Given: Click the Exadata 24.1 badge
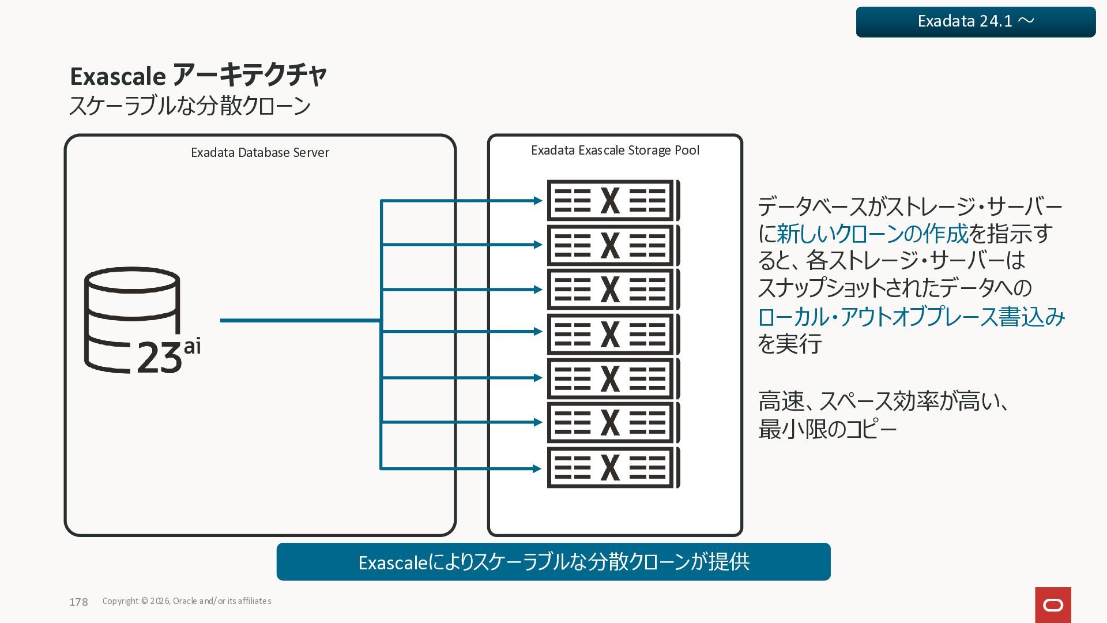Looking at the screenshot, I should pos(976,22).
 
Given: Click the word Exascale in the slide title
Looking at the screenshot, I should pos(118,76).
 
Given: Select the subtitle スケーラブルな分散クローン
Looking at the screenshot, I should pos(190,106).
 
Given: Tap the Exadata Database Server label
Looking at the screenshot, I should pos(259,152).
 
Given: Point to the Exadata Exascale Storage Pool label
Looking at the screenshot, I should pos(615,150).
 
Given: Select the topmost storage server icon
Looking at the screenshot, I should pos(613,201).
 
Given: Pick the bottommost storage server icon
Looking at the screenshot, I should pos(613,468).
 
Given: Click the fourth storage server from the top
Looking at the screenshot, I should pos(613,334).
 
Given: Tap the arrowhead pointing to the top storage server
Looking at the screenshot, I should pos(538,201).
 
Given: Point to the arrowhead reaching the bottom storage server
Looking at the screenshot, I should pos(538,468).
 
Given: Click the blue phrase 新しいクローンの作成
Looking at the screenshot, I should pos(872,234).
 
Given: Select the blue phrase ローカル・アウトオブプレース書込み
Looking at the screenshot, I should pos(911,317).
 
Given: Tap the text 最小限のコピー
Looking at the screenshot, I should pos(827,429).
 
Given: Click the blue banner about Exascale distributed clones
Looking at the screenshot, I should pos(553,562).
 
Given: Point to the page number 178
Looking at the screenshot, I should pos(78,602).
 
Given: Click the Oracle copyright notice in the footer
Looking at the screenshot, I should pos(187,601).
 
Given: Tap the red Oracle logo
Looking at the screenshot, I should pos(1053,605).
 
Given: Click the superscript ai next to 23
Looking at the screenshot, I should pos(193,346).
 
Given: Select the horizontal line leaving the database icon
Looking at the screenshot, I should pos(300,320).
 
